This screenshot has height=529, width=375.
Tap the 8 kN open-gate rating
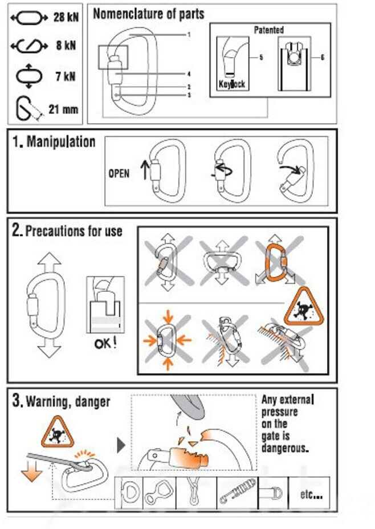(66, 46)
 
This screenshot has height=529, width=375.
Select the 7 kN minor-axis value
(66, 76)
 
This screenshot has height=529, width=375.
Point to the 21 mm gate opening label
(63, 109)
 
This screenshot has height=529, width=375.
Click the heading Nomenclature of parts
(148, 14)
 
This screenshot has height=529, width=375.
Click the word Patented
(268, 30)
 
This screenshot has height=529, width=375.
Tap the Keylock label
(232, 84)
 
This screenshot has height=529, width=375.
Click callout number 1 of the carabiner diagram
(189, 34)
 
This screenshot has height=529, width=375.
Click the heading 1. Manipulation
(54, 142)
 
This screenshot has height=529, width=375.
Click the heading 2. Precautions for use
(67, 231)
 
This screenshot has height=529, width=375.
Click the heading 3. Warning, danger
(62, 401)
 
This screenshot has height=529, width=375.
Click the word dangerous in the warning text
(285, 448)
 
